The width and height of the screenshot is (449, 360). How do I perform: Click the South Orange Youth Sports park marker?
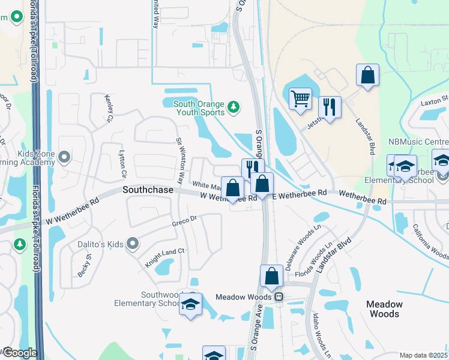pos(234,108)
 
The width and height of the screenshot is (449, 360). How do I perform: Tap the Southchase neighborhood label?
pos(148,189)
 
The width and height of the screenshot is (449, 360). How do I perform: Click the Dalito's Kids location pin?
pos(133,244)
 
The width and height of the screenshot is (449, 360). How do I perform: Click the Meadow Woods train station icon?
pos(278,297)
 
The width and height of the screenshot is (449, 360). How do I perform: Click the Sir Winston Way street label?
pos(180,160)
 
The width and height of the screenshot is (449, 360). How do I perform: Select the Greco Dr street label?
pos(185,221)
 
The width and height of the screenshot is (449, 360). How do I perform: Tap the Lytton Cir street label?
pos(123,164)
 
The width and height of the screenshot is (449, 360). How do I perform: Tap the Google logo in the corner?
pos(19,353)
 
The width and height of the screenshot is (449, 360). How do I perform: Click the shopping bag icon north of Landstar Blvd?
pos(367,76)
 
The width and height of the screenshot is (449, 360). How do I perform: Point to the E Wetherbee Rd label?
pos(299,194)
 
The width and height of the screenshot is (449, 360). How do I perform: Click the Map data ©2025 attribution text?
pos(424,355)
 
